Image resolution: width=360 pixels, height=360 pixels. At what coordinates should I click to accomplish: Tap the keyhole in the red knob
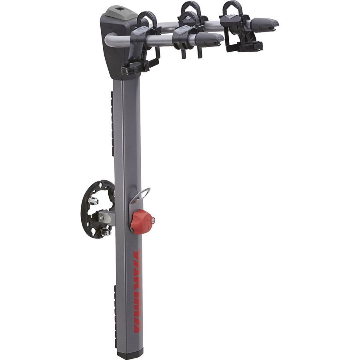(152, 219)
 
